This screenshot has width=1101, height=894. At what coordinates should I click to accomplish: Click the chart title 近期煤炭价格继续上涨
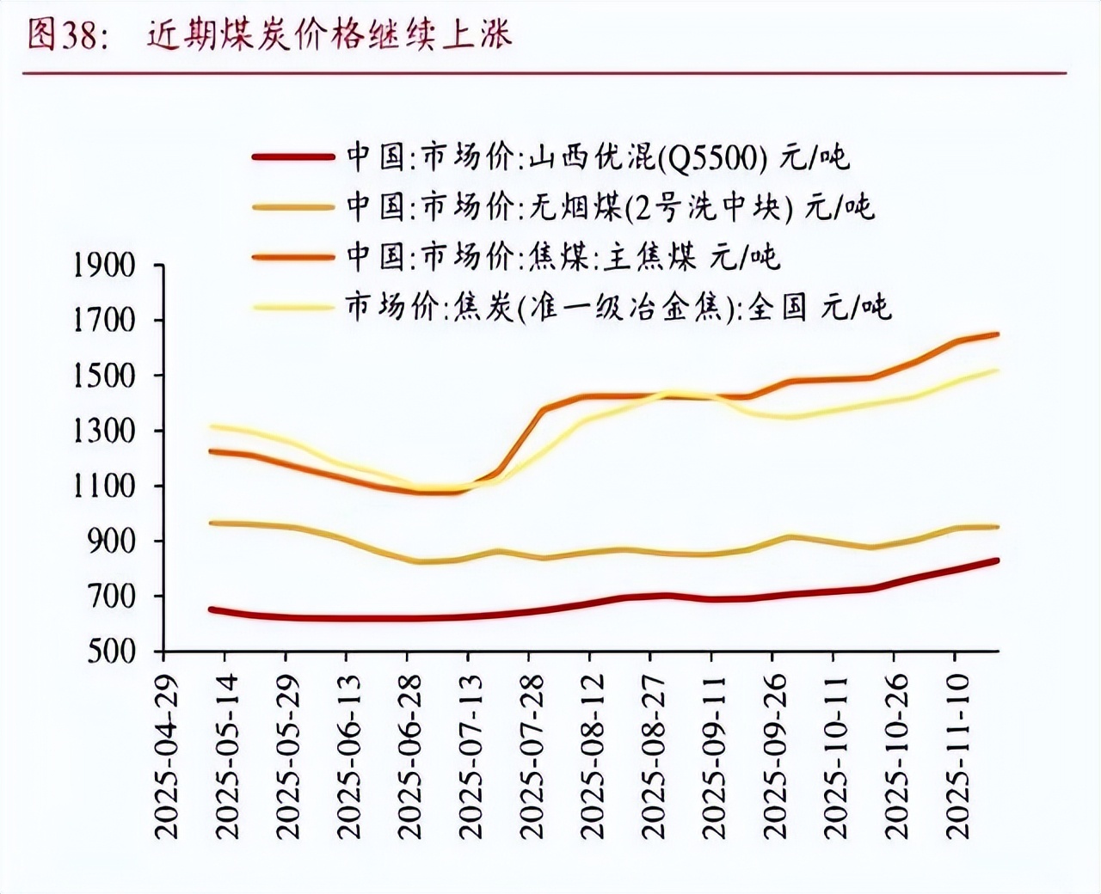(329, 34)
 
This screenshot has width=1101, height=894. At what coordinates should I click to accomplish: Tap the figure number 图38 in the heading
(65, 34)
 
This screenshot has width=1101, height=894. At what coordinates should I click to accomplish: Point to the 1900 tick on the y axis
(104, 266)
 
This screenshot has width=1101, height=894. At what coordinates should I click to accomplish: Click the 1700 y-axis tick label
(104, 321)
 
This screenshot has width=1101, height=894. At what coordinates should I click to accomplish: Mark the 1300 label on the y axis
(104, 431)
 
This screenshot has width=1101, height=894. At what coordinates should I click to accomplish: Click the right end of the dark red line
(997, 560)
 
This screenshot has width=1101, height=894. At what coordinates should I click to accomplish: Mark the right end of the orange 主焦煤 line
(997, 334)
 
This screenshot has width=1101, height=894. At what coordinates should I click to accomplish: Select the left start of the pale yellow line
(212, 426)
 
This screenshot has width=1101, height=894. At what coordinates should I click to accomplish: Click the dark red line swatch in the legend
(292, 157)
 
